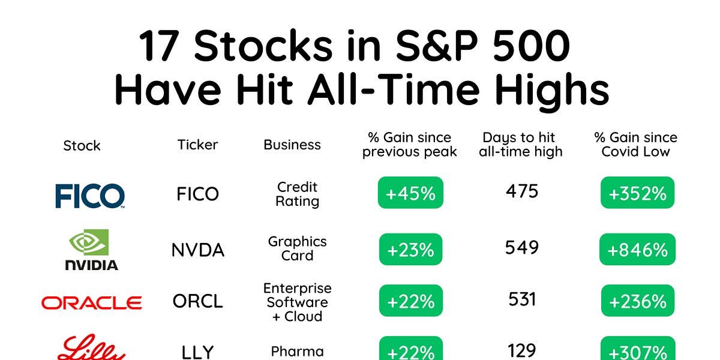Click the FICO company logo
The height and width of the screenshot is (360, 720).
tap(90, 196)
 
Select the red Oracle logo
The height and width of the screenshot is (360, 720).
tap(91, 302)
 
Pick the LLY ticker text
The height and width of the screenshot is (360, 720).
tap(198, 352)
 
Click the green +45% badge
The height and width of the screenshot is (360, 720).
tap(410, 193)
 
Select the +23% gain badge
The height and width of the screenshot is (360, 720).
tap(410, 250)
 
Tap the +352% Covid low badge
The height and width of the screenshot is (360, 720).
tap(637, 193)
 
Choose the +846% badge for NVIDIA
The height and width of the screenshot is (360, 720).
tap(637, 250)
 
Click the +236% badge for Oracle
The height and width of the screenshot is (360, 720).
tap(637, 301)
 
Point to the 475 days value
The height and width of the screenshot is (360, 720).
tap(522, 192)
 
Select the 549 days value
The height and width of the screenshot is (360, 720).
tap(522, 247)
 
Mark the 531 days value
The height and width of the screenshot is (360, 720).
tap(522, 299)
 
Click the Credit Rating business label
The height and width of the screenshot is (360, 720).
tap(297, 194)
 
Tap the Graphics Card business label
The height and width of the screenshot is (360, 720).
tap(297, 248)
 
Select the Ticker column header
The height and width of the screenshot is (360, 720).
tap(198, 145)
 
